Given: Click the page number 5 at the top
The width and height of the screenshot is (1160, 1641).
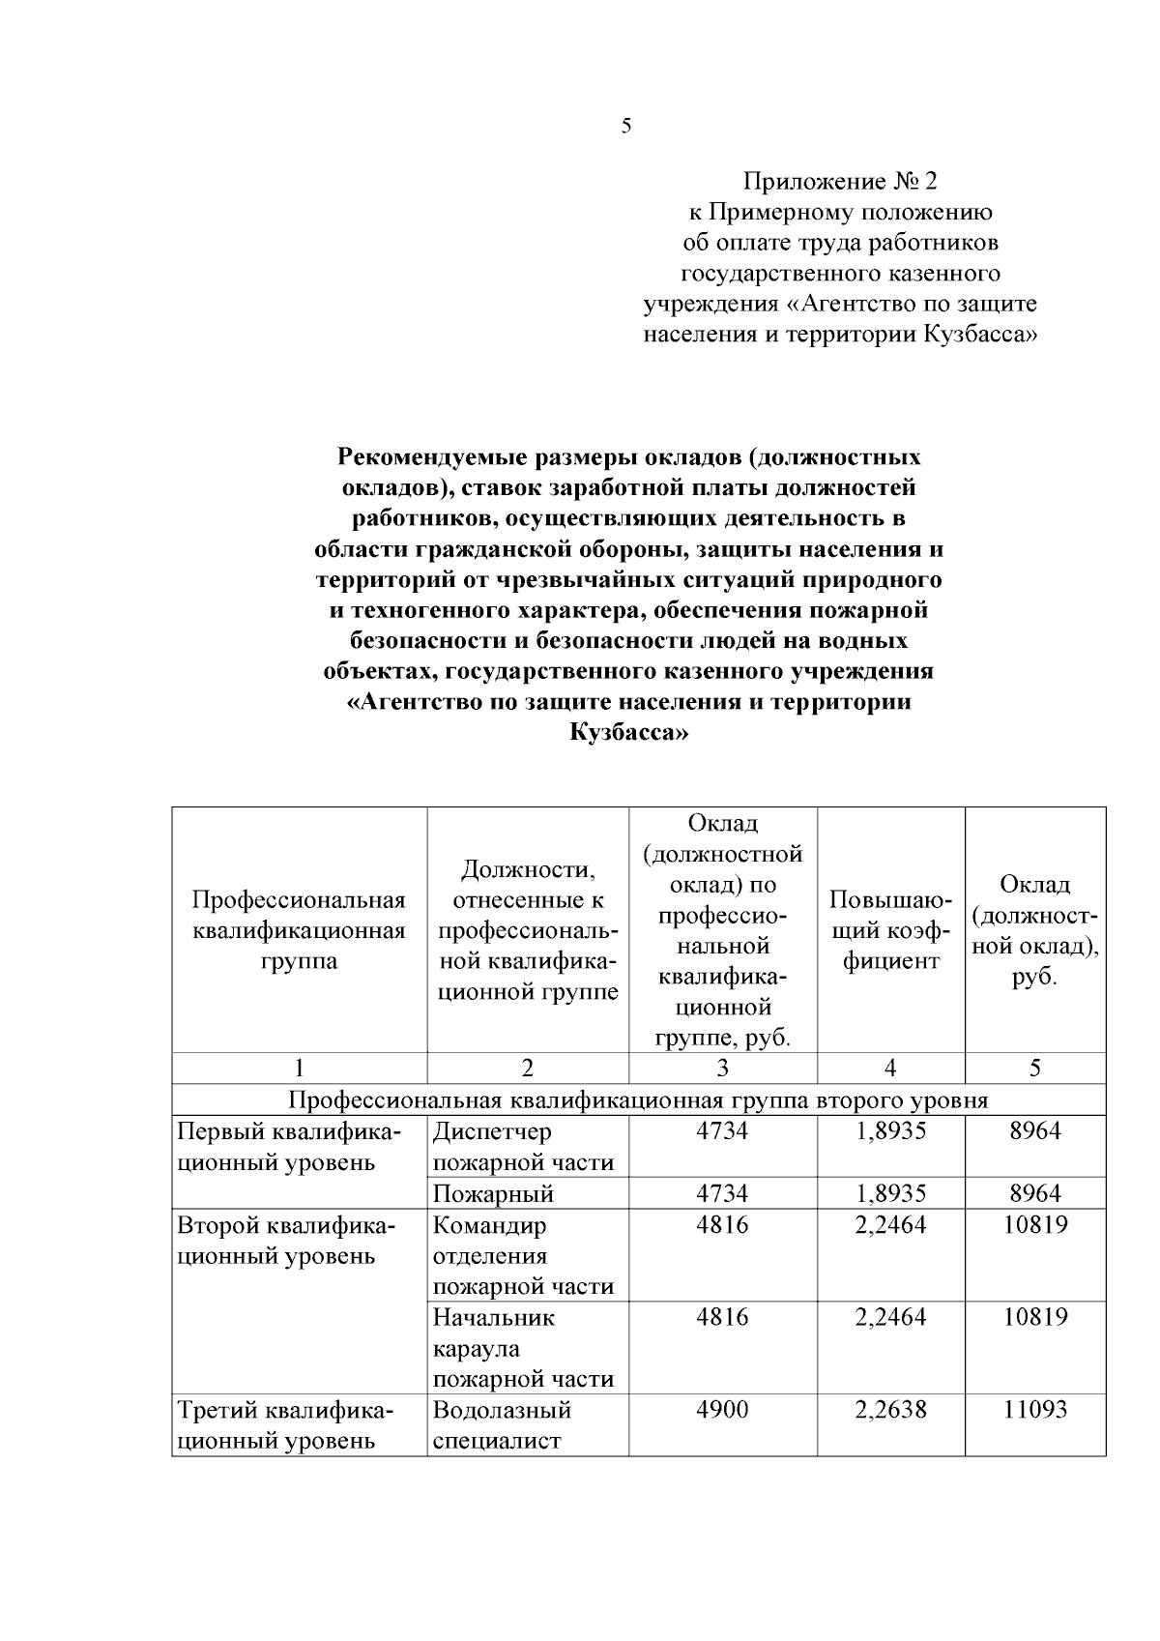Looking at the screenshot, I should (626, 126).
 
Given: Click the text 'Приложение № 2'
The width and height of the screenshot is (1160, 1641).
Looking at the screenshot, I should (839, 181).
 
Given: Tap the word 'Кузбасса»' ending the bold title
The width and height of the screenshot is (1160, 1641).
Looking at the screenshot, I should (627, 733).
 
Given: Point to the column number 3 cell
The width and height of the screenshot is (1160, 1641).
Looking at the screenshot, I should (722, 1068).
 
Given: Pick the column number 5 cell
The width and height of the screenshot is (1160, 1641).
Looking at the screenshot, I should (1034, 1068).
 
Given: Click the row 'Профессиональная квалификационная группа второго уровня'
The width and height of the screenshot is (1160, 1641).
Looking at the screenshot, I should (638, 1099).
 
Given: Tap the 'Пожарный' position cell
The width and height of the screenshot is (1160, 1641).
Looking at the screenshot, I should (493, 1193).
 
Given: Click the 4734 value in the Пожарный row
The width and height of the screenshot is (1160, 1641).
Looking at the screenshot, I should (722, 1193).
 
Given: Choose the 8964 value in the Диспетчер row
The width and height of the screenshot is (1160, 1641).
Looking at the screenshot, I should (1034, 1130).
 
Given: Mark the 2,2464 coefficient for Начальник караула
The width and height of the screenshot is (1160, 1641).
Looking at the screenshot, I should (890, 1317).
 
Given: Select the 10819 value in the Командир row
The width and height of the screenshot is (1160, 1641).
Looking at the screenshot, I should (1034, 1225).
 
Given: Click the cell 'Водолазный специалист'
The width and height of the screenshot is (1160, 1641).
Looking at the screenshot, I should (503, 1424).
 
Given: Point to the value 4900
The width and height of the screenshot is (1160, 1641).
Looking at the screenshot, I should (722, 1410).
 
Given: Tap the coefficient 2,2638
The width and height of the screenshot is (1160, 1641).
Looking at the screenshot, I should (890, 1410).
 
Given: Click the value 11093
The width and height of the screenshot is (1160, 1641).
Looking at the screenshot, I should (1034, 1410).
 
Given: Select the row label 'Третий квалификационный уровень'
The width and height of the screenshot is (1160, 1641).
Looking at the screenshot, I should (285, 1424).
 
